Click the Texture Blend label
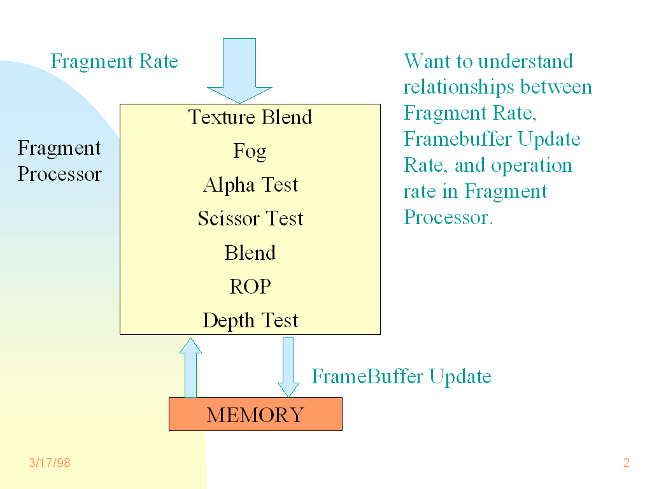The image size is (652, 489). point(250,117)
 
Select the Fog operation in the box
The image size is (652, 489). point(250,152)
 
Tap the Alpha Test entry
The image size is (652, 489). point(250,185)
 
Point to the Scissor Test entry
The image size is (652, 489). point(250,219)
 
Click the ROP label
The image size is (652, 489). point(250,287)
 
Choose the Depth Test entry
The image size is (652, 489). point(250,320)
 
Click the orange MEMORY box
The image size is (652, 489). point(255,415)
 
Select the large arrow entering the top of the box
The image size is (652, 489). point(239,70)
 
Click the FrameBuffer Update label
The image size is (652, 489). point(401,376)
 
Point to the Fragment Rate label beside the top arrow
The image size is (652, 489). point(114,62)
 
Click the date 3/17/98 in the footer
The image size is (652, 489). point(50,463)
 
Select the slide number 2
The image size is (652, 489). point(626,463)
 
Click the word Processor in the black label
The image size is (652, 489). point(59,174)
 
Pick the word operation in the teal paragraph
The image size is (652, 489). point(532,166)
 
